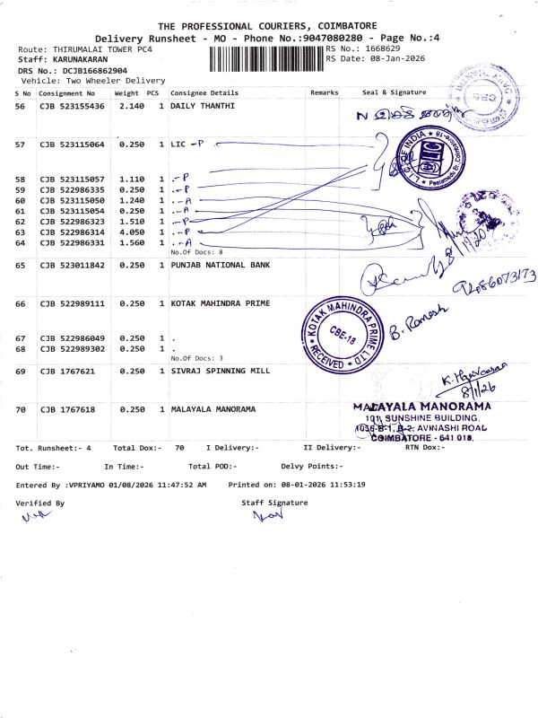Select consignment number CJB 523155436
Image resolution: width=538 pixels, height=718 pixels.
tap(72, 106)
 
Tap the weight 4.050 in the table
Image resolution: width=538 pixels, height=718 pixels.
tap(131, 232)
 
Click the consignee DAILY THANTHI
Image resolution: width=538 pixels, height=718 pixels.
tap(203, 106)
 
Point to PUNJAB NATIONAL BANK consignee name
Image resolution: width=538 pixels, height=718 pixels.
tap(220, 265)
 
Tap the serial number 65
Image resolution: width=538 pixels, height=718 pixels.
tap(21, 265)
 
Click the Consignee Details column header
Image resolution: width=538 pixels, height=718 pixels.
tap(204, 92)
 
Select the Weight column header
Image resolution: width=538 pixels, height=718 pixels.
tap(126, 92)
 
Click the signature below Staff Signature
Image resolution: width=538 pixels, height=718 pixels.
tap(267, 516)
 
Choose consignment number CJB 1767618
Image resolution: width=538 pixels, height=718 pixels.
tap(69, 409)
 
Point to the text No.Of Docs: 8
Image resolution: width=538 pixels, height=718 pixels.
tap(196, 252)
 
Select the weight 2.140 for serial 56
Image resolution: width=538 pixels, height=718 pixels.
tap(131, 106)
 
